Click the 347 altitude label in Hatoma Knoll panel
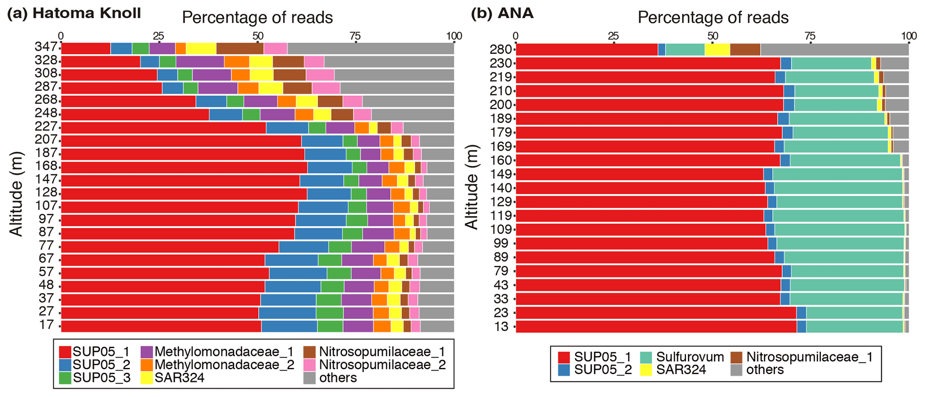click(46, 47)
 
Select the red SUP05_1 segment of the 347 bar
click(85, 48)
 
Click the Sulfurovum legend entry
click(690, 357)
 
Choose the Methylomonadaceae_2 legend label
click(224, 365)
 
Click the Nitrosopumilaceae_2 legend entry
click(382, 365)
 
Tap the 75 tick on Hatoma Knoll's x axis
click(356, 36)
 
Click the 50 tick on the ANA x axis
click(712, 36)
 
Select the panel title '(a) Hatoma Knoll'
click(74, 13)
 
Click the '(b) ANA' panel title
click(502, 13)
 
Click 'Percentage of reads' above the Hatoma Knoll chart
click(257, 18)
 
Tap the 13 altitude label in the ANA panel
click(502, 326)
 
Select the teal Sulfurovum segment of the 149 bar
click(837, 174)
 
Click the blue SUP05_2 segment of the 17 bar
click(289, 326)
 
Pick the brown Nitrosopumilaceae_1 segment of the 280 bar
click(745, 49)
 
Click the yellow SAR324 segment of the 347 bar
click(201, 48)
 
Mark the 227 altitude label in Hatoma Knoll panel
click(46, 126)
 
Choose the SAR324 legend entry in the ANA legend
click(681, 370)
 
